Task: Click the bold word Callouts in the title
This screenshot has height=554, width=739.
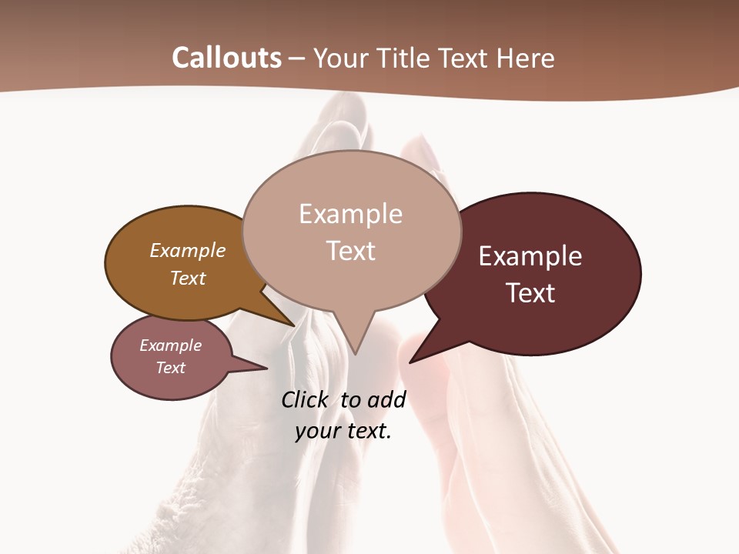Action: point(226,58)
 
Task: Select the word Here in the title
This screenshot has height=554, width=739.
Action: point(526,58)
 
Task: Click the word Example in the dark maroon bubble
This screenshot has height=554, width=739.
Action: point(530,256)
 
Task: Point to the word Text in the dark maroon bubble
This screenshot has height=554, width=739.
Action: point(530,292)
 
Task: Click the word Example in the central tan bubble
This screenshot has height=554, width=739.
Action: point(350,214)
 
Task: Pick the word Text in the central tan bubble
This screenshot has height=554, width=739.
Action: point(350,251)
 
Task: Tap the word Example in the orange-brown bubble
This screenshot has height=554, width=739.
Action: point(188,250)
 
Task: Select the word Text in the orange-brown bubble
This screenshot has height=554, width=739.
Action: point(188,278)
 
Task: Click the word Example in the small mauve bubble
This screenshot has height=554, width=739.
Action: point(170,345)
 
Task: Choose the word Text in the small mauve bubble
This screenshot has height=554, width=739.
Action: point(170,368)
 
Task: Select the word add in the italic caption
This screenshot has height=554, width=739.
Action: point(386,399)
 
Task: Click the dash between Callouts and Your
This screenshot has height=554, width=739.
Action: point(297,58)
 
